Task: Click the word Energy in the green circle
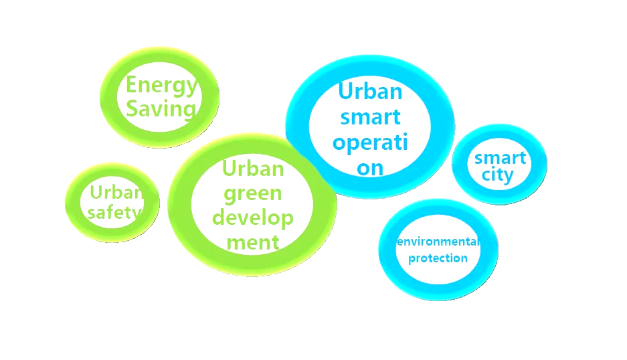(x=161, y=86)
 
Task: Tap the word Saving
(x=161, y=108)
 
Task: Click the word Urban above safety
(x=116, y=193)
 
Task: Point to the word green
(x=252, y=195)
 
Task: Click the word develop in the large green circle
(x=256, y=218)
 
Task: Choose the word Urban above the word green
(x=252, y=169)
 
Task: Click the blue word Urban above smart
(x=371, y=91)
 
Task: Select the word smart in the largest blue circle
(x=371, y=117)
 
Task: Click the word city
(x=499, y=176)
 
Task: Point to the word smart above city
(x=500, y=159)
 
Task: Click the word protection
(x=438, y=258)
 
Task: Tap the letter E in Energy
(x=132, y=86)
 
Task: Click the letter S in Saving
(x=133, y=108)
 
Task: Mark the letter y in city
(x=509, y=177)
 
